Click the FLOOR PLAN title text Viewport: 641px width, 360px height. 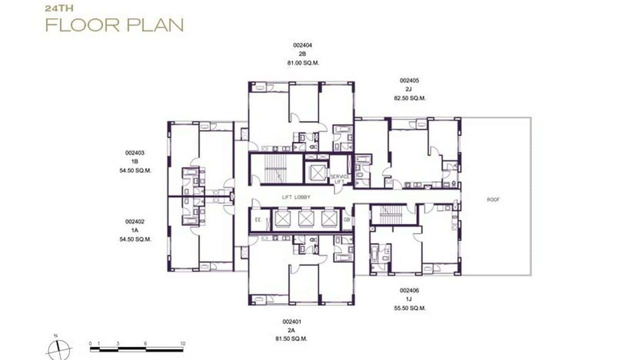[x=114, y=25]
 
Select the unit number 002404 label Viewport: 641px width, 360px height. [x=302, y=45]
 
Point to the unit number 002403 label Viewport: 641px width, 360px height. [x=135, y=153]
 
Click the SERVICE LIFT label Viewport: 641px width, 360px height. [x=340, y=179]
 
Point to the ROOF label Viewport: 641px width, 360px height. [x=493, y=200]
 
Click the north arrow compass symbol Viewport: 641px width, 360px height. [x=59, y=349]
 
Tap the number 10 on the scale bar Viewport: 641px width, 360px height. [x=182, y=344]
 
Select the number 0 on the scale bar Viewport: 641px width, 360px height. [x=91, y=344]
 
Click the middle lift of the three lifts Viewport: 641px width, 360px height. [x=306, y=219]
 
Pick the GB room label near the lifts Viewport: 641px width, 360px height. [x=347, y=220]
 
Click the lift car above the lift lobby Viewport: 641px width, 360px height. [x=317, y=170]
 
